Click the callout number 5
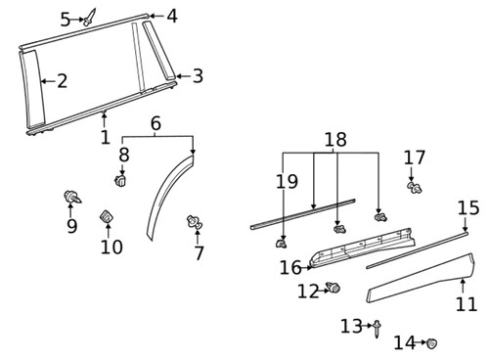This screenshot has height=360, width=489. point(66,19)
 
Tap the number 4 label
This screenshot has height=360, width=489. point(171,16)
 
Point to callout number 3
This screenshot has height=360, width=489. point(198,75)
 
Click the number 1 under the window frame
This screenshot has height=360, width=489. point(105,138)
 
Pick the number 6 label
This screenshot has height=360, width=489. point(156,123)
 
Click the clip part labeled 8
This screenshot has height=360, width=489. point(121,180)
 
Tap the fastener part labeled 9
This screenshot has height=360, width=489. point(71,198)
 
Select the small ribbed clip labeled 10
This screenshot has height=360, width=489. point(108,216)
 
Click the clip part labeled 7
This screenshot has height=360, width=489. point(195,225)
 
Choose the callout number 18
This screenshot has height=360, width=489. point(335,140)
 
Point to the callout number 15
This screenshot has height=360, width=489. point(468,207)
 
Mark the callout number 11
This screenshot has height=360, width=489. point(467,304)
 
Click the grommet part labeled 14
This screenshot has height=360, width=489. point(431,342)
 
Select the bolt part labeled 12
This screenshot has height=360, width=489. point(333,289)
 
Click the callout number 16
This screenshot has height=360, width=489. point(290,267)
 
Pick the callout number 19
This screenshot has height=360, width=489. point(286,181)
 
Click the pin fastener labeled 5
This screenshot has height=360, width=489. point(90,17)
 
